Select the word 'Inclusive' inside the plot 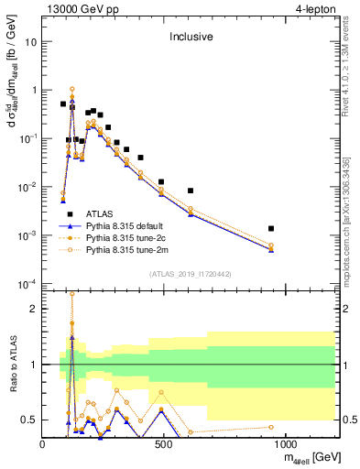190,38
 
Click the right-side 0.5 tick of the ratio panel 349,420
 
